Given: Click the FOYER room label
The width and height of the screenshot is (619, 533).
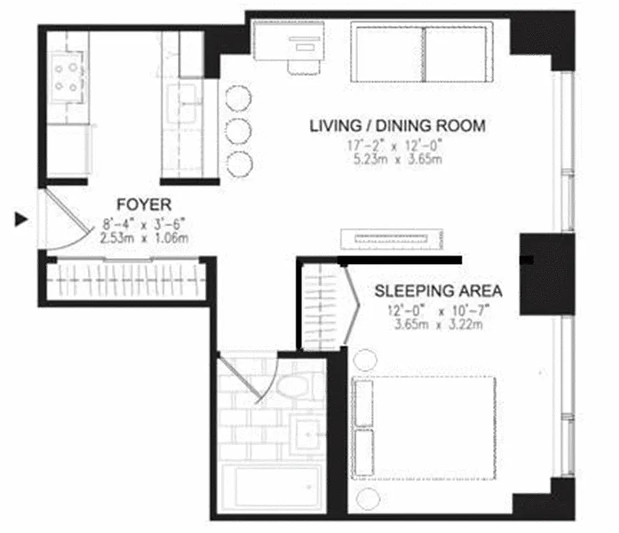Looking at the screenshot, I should click(x=144, y=203).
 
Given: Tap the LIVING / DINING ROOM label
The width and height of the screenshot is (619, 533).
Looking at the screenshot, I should click(x=397, y=125).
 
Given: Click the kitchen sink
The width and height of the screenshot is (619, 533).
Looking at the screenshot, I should click(x=182, y=104).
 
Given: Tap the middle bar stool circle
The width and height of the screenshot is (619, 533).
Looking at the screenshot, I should click(x=238, y=131).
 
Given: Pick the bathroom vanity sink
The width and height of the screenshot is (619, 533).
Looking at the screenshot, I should click(x=308, y=433).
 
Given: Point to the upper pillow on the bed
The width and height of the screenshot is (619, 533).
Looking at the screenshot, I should click(x=362, y=403).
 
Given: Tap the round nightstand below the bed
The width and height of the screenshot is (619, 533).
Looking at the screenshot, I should click(x=364, y=498).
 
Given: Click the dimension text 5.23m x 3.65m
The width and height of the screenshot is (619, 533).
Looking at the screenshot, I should click(x=397, y=159).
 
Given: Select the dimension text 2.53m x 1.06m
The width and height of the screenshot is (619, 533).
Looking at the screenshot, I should click(x=144, y=237).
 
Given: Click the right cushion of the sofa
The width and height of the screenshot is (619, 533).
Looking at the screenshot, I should click(x=456, y=53).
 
